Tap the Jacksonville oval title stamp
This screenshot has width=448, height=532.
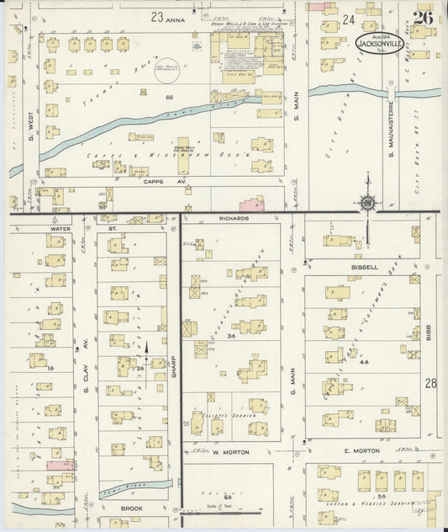(381, 43)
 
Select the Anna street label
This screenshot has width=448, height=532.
(175, 17)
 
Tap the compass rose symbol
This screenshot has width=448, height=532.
(366, 202)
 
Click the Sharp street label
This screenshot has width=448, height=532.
(174, 362)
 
